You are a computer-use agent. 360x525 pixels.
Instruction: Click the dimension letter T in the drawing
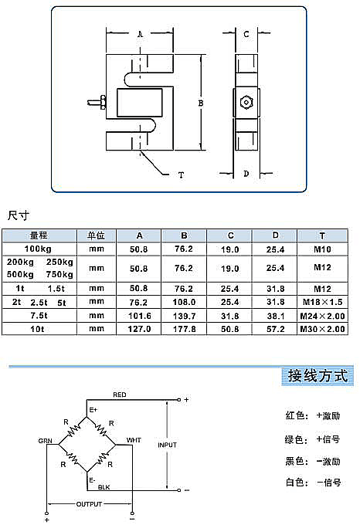click(x=181, y=174)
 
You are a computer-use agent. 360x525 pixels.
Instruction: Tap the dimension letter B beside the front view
click(x=201, y=103)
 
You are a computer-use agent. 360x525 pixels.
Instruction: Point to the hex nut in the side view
click(x=246, y=102)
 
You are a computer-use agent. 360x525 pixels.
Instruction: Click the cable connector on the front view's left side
click(x=97, y=103)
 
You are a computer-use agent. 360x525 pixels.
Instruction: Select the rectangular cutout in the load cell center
click(x=139, y=103)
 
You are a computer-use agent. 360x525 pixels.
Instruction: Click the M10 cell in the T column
click(x=322, y=249)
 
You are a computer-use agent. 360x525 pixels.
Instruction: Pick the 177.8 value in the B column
click(x=184, y=329)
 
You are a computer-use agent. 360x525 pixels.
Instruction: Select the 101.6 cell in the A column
click(x=139, y=316)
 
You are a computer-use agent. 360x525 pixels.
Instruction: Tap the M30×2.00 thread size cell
click(x=322, y=329)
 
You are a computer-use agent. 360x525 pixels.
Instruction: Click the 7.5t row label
click(x=39, y=316)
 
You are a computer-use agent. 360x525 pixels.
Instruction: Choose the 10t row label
click(x=37, y=329)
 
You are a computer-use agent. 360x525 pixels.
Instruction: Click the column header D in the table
click(x=275, y=235)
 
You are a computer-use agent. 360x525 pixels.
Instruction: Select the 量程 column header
click(x=39, y=235)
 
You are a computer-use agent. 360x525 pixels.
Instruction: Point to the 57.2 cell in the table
click(x=275, y=329)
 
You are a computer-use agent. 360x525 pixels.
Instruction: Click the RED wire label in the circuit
click(x=120, y=395)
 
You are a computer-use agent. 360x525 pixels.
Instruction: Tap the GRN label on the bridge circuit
click(x=46, y=441)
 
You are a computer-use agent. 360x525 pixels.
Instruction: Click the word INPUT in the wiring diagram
click(x=167, y=445)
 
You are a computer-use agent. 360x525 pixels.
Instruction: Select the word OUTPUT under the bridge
click(x=89, y=504)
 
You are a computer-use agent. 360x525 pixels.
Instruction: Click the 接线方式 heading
click(x=318, y=376)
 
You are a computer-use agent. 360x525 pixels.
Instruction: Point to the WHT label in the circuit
click(x=134, y=440)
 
